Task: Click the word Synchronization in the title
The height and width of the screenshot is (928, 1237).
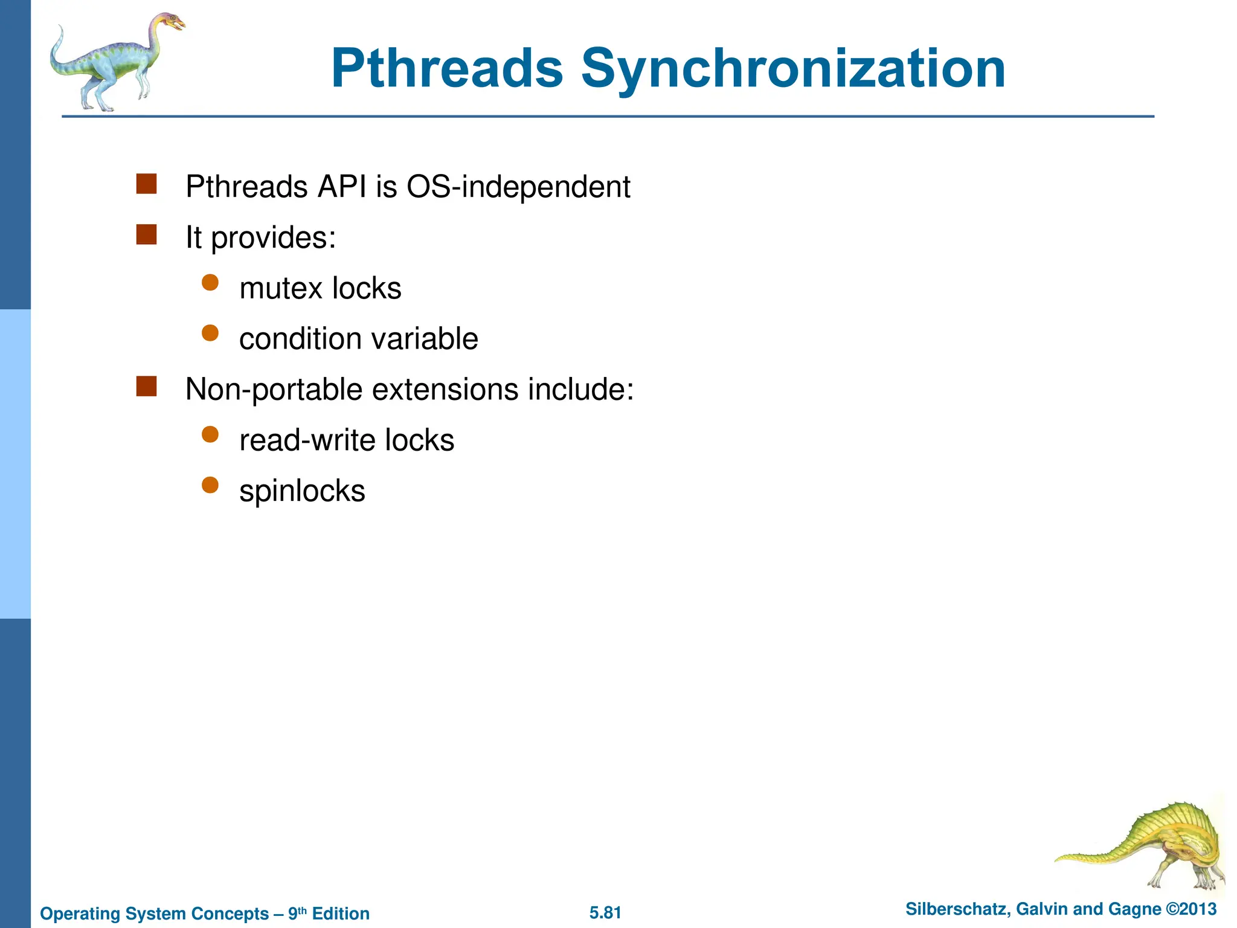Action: [793, 69]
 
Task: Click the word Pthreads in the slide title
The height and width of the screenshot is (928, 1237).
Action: [447, 69]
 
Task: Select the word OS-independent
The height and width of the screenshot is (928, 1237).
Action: [518, 187]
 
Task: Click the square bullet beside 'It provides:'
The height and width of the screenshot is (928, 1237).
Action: [146, 234]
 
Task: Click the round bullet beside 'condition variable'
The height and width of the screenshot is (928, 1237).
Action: [210, 333]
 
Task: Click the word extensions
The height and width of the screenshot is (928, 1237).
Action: [445, 390]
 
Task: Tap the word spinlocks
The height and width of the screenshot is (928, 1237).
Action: [302, 491]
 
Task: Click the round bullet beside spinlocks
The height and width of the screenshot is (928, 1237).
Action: [210, 485]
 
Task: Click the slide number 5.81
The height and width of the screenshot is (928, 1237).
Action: [605, 912]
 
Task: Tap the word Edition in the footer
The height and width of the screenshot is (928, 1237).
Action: [341, 913]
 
